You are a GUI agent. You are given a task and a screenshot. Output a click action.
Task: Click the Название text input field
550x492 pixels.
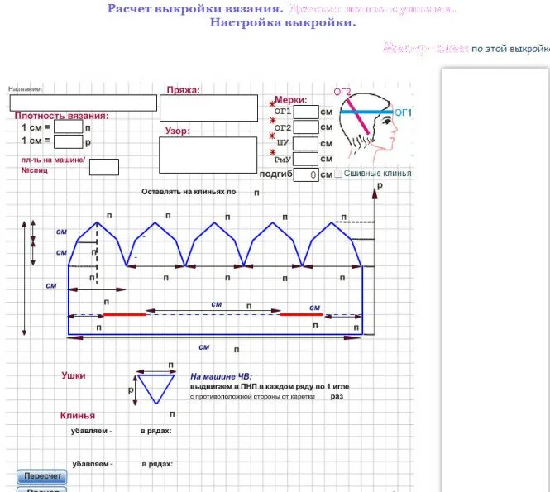83,103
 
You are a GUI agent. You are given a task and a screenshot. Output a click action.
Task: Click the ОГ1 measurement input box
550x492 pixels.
306,112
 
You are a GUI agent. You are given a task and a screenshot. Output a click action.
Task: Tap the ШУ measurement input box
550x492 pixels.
306,143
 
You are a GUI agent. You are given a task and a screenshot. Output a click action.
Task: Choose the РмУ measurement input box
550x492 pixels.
306,159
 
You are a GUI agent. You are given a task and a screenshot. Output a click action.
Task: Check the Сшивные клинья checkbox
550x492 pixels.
337,174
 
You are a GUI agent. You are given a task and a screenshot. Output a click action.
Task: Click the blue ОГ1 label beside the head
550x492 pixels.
403,112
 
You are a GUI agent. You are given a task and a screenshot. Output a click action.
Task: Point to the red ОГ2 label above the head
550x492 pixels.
342,91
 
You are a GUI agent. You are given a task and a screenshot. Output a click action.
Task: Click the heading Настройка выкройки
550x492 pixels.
283,22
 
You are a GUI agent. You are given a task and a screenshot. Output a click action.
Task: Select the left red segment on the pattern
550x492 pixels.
124,314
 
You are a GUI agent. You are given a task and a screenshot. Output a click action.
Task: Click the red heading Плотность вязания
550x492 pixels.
62,116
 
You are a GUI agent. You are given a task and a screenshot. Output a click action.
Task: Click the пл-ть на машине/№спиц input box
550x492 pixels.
103,166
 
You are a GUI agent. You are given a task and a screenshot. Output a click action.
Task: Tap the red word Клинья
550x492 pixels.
77,415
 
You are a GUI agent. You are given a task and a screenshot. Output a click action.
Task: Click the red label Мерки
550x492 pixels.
290,99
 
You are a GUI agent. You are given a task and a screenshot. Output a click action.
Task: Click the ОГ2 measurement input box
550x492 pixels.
306,127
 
